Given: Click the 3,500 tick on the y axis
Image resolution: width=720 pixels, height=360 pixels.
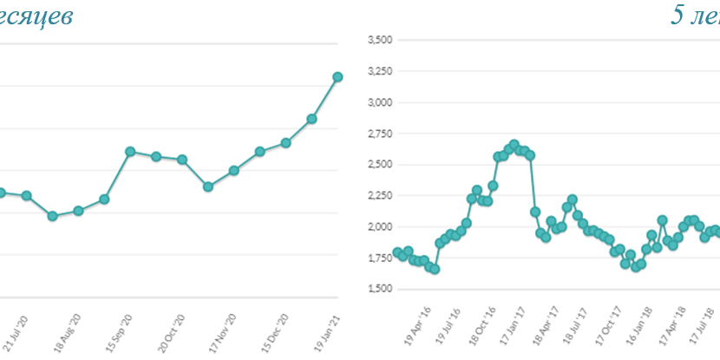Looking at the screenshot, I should (x=381, y=40).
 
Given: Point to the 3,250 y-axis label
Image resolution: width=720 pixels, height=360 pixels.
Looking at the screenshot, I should (x=381, y=71).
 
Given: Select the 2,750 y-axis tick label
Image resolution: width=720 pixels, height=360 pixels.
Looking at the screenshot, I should (x=381, y=134).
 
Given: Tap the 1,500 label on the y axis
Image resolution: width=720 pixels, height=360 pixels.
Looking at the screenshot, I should (x=381, y=289).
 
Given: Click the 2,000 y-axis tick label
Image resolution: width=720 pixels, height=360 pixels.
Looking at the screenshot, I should (x=381, y=227).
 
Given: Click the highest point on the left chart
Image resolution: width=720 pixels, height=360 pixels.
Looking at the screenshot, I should (x=337, y=77).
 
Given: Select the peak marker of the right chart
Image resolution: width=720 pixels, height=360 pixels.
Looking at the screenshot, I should (x=514, y=145).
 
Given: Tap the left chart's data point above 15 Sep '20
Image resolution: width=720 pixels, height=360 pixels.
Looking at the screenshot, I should (x=129, y=152).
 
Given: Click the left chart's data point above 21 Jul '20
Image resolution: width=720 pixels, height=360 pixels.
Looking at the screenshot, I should (x=27, y=196).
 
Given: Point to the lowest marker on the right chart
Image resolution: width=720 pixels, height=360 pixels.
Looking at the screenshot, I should (x=435, y=269).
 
